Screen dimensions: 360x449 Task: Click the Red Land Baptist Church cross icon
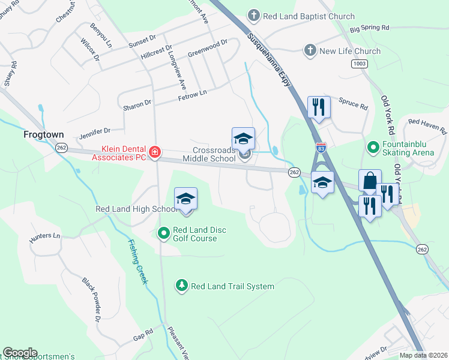pos(254,16)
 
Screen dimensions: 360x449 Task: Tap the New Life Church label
pos(350,51)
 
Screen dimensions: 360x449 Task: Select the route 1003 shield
pos(360,63)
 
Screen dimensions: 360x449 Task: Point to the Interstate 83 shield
pos(322,146)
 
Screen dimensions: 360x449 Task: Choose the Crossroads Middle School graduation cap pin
pos(244,139)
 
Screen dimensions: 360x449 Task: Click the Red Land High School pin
pos(186,199)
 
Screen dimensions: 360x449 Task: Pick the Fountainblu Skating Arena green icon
pos(373,146)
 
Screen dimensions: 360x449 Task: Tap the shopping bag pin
pos(370,181)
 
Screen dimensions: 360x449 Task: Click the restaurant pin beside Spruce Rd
pos(319,108)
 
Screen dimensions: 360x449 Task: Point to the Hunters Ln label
pos(46,238)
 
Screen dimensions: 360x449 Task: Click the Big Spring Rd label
pos(370,28)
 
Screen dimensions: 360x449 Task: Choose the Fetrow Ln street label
pos(192,93)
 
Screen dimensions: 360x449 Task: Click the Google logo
pos(20,353)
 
